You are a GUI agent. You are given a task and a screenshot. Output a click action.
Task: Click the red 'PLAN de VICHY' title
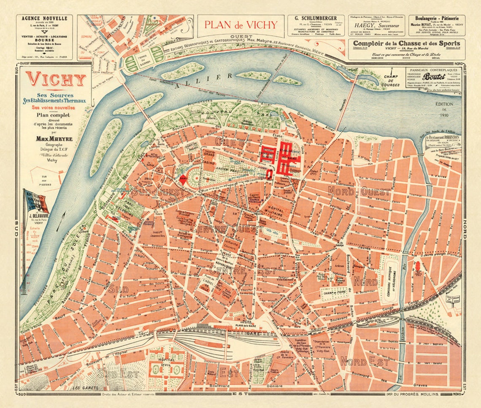coord(241,24)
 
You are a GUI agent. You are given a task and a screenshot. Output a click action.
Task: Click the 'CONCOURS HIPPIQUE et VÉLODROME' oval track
coord(392,281)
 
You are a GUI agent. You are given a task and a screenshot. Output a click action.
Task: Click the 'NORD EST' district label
coord(359,361)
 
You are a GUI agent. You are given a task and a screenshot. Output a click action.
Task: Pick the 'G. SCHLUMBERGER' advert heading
coord(315,18)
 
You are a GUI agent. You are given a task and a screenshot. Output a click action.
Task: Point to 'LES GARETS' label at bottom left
coord(84,387)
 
